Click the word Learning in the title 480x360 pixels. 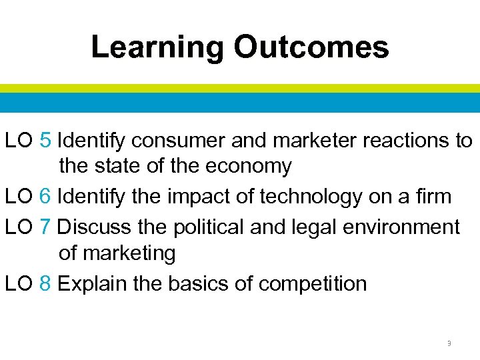click(157, 47)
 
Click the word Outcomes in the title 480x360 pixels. click(311, 47)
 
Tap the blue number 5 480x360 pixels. click(45, 141)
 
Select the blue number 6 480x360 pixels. click(45, 196)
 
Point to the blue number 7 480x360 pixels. click(45, 227)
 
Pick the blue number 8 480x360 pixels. click(45, 283)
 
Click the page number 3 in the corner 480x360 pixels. click(449, 343)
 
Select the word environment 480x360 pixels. click(407, 227)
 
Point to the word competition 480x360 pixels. click(312, 283)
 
